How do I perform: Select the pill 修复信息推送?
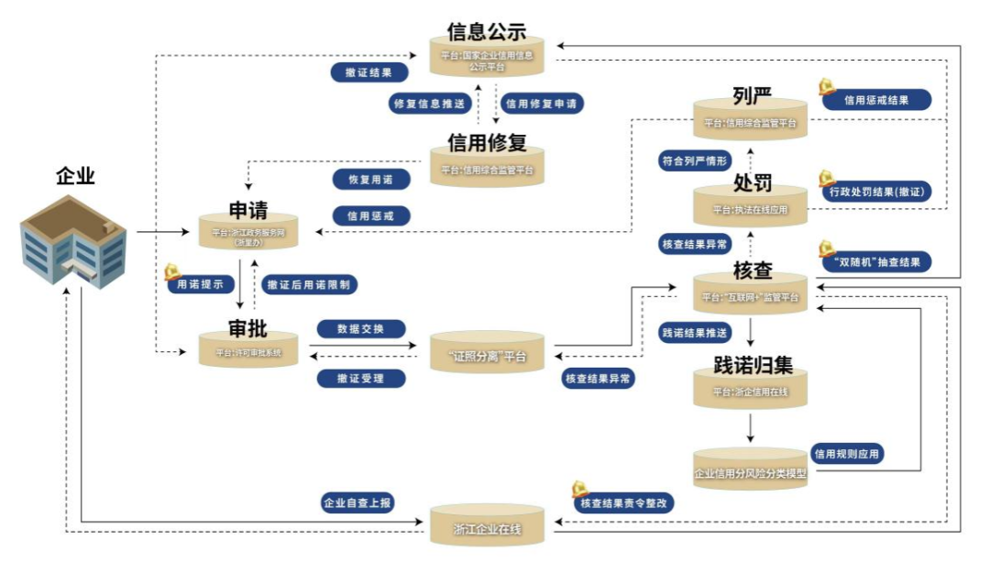pos(427,104)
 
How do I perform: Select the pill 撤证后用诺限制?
pos(308,284)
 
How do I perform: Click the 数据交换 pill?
pos(360,327)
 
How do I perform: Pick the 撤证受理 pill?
pos(360,378)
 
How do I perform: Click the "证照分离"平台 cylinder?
pos(487,356)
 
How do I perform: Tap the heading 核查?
pos(753,270)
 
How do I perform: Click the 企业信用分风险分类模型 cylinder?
pos(750,473)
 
